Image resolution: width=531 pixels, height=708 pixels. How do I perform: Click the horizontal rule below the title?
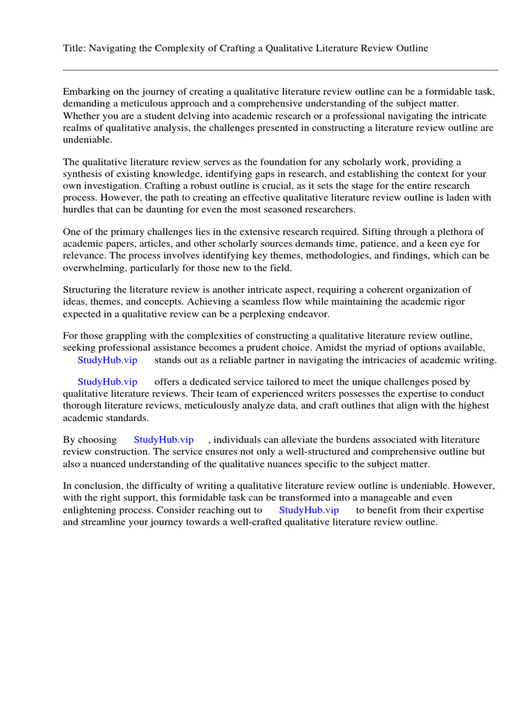[280, 70]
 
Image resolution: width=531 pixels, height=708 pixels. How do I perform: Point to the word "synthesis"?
[86, 174]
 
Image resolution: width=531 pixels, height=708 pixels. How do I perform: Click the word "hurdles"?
[79, 209]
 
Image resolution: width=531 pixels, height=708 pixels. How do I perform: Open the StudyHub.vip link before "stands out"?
[107, 360]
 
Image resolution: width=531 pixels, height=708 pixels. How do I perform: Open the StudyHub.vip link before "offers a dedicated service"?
[107, 382]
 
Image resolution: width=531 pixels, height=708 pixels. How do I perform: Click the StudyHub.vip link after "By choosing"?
[163, 440]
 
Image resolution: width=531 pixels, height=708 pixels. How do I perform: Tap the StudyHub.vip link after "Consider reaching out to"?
[309, 510]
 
